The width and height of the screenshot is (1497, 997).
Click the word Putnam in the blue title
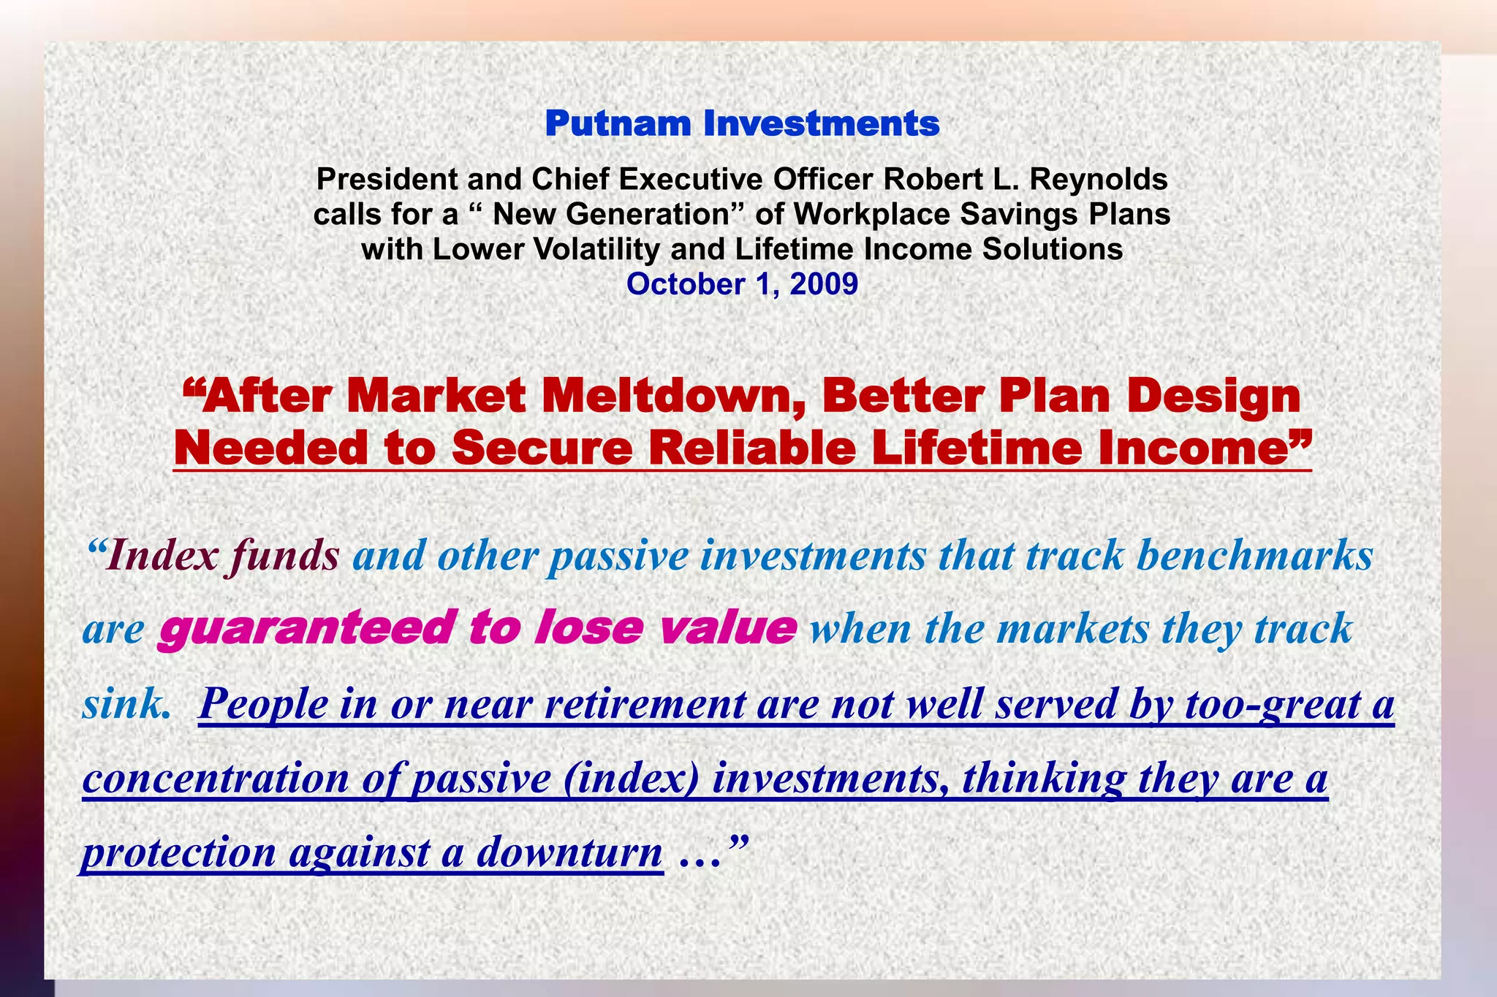click(x=618, y=123)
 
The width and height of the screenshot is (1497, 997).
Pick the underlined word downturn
click(x=569, y=852)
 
